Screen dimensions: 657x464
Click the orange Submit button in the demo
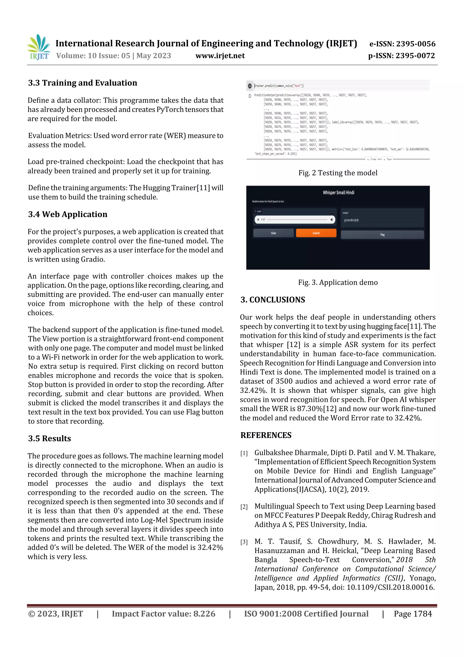coord(316,233)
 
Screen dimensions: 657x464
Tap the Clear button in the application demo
coord(273,233)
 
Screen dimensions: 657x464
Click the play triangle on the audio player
coord(258,220)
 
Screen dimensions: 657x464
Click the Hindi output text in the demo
coord(351,220)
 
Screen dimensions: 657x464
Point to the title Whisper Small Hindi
coord(338,193)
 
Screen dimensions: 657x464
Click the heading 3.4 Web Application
coord(68,214)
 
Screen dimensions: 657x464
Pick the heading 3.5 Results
coord(49,438)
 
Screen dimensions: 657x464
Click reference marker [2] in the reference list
coord(244,507)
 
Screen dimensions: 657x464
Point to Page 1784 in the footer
coord(413,613)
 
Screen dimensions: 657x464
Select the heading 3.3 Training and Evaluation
coord(83,83)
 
